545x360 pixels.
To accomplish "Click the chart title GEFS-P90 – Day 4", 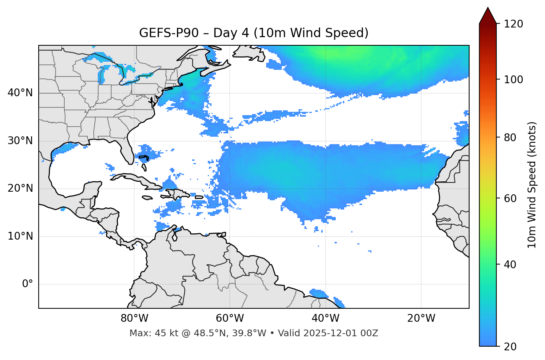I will (x=254, y=33).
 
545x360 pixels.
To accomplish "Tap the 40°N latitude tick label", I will (x=20, y=93).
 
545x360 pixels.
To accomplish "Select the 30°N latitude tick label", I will (x=20, y=141).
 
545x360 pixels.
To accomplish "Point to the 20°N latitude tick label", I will (x=20, y=188).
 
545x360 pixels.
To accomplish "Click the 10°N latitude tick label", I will (x=20, y=236).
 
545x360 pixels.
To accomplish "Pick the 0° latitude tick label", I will (x=28, y=284).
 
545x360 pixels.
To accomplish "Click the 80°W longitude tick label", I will (x=134, y=318).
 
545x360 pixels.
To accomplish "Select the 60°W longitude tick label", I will (x=230, y=318).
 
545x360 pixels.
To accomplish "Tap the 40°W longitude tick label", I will (x=325, y=318).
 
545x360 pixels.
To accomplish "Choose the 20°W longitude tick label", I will (x=421, y=318).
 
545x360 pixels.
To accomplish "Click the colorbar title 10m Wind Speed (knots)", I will (x=532, y=185).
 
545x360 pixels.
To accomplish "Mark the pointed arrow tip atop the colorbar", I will (x=488, y=8).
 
